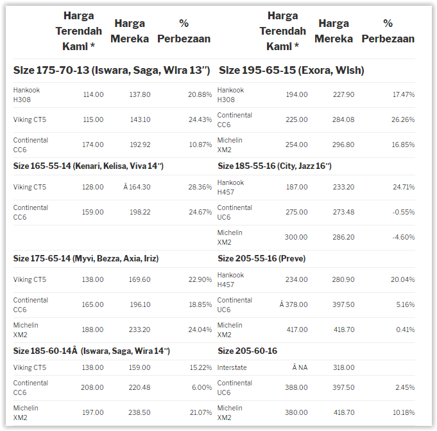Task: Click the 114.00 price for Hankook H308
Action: (93, 94)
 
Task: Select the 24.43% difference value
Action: (200, 119)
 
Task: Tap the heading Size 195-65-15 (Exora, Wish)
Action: (291, 70)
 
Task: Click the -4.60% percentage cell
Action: (404, 237)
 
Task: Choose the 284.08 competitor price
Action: (341, 119)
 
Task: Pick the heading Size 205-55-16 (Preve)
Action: (261, 258)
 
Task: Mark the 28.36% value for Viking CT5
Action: (200, 187)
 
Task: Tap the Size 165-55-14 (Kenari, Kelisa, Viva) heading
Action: (89, 166)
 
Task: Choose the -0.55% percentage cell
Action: (404, 212)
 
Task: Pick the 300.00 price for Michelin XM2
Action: (296, 237)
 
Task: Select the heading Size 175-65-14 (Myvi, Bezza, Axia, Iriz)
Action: (86, 258)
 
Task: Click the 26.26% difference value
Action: (403, 119)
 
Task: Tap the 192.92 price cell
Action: (139, 145)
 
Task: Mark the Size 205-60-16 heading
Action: (248, 351)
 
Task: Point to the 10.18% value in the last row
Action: (403, 412)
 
